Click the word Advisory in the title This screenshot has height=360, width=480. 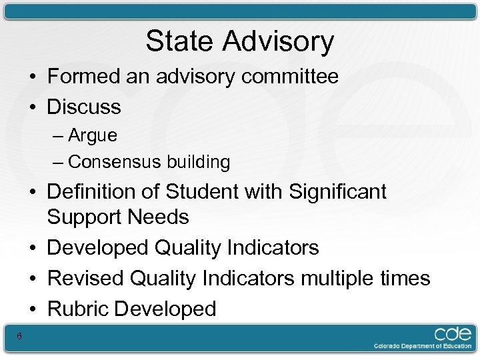point(278,41)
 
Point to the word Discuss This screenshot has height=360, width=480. point(84,107)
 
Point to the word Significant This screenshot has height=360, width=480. point(338,192)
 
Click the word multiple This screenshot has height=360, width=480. point(342,278)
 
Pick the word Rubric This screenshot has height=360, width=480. point(78,309)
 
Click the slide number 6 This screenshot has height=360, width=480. point(19,336)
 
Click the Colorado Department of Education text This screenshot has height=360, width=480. point(422,347)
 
